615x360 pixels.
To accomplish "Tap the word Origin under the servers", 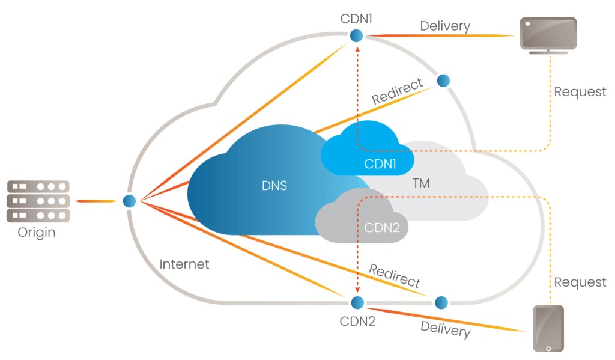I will pyautogui.click(x=37, y=232).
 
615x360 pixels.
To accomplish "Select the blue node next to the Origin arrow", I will pyautogui.click(x=129, y=201).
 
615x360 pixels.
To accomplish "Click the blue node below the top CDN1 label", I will pyautogui.click(x=357, y=37).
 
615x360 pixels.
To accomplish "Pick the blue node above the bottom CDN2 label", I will pyautogui.click(x=358, y=302).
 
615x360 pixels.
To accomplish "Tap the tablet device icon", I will pyautogui.click(x=548, y=328).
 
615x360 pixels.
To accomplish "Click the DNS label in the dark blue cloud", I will pyautogui.click(x=274, y=186).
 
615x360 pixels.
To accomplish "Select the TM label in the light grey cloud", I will pyautogui.click(x=421, y=183).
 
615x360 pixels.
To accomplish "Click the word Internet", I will pyautogui.click(x=184, y=264).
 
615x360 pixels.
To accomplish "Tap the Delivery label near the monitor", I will pyautogui.click(x=445, y=26).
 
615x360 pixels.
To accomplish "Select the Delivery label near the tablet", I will pyautogui.click(x=444, y=329).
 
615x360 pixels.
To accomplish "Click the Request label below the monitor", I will pyautogui.click(x=580, y=92).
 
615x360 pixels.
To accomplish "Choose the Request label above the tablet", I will pyautogui.click(x=580, y=282).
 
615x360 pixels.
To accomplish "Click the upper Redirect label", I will pyautogui.click(x=397, y=91).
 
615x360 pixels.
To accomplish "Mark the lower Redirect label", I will pyautogui.click(x=395, y=275).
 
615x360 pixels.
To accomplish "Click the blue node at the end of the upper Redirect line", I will pyautogui.click(x=443, y=81).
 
